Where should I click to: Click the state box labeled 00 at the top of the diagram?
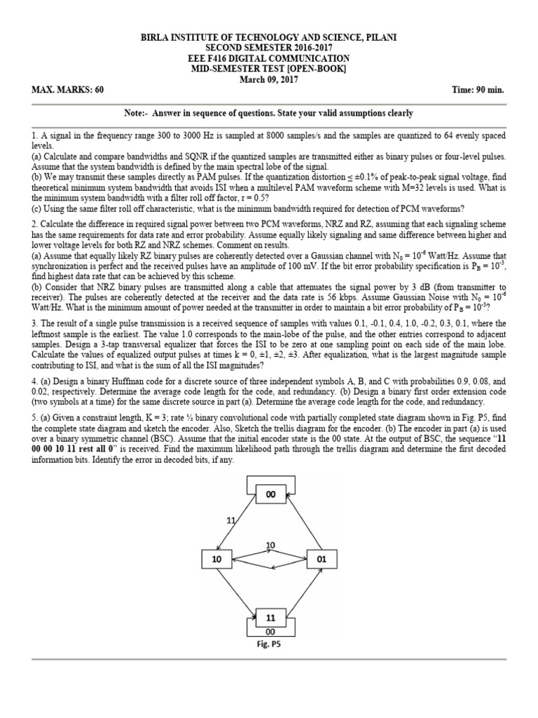coord(270,494)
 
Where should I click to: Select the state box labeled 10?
coord(214,559)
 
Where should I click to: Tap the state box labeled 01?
coord(322,559)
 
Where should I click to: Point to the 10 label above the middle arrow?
coord(270,545)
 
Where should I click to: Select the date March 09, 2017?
coord(270,79)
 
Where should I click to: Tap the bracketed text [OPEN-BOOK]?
coord(315,69)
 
